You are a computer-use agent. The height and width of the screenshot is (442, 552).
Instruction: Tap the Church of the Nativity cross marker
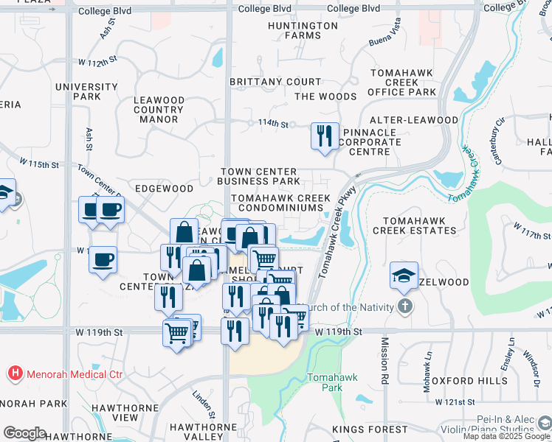click(x=404, y=306)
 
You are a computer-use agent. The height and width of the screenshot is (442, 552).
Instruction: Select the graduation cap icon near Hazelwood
click(x=404, y=276)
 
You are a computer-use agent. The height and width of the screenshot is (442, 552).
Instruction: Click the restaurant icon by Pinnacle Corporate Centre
click(x=325, y=136)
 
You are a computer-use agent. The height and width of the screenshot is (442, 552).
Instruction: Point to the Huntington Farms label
click(x=303, y=30)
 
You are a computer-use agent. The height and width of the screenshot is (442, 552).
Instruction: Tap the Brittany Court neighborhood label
click(x=275, y=82)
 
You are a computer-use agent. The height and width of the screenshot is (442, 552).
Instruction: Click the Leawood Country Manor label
click(x=159, y=109)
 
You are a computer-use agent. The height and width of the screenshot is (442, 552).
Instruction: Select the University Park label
click(x=86, y=91)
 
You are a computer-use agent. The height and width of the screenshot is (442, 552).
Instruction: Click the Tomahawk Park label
click(x=332, y=382)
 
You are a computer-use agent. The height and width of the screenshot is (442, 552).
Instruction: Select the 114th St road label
click(x=272, y=124)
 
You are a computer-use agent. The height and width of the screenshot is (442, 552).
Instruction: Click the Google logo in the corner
click(x=24, y=433)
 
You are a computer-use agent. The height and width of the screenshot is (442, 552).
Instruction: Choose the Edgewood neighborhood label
click(x=164, y=189)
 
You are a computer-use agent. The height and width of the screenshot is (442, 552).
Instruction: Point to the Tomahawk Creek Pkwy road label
click(x=338, y=232)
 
